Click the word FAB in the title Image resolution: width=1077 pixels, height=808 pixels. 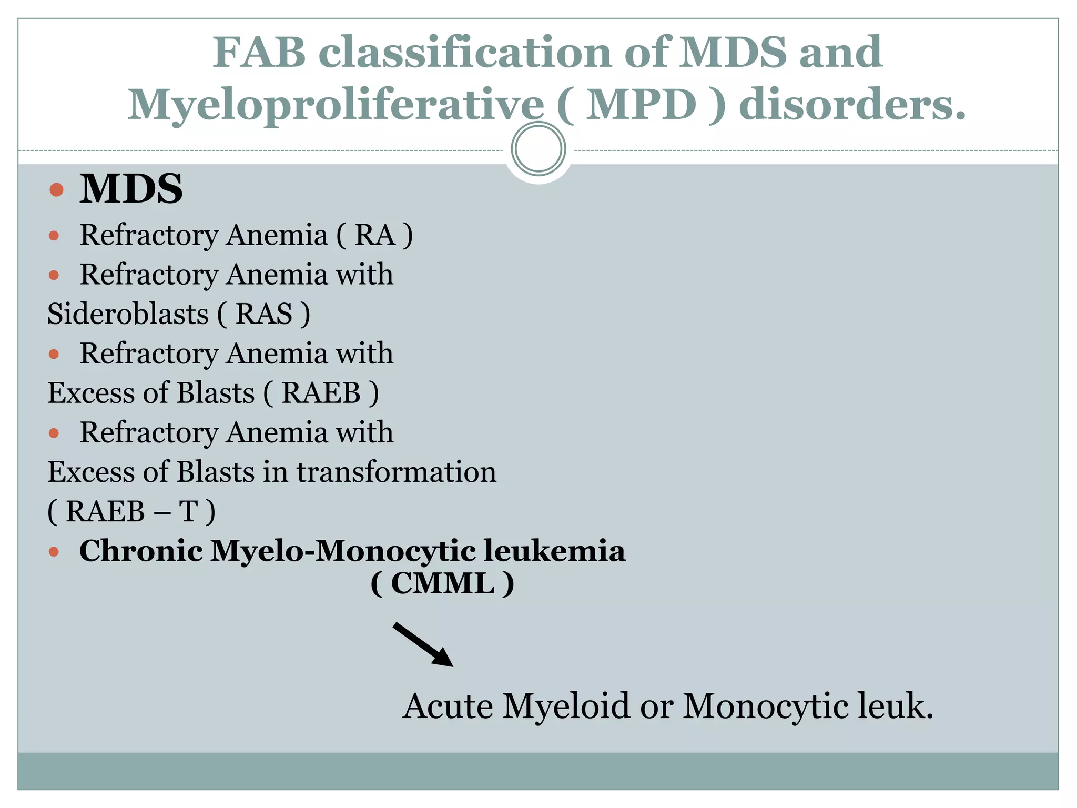point(259,52)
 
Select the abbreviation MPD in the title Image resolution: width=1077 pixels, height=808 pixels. point(641,104)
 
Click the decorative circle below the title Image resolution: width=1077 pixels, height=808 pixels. point(538,149)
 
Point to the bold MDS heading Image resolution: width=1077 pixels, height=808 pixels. point(131,189)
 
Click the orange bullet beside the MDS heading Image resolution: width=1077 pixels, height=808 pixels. point(56,189)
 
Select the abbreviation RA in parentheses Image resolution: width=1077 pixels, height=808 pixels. point(374,235)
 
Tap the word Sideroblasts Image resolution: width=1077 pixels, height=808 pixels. point(128,314)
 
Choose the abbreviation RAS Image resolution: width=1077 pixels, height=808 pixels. point(263,314)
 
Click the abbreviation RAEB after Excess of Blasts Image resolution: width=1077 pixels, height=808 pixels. point(321,393)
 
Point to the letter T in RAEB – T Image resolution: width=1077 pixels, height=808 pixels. point(188,511)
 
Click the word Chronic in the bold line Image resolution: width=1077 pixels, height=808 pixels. point(141,551)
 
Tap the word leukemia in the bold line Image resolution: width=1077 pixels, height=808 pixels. point(554,551)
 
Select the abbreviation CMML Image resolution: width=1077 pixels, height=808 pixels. point(442,583)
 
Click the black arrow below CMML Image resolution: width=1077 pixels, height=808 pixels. point(423,644)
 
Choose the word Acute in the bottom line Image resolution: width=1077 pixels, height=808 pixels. point(448,706)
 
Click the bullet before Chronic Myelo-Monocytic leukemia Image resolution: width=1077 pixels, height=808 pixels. point(54,552)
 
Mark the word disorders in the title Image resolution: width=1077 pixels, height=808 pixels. point(852,104)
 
